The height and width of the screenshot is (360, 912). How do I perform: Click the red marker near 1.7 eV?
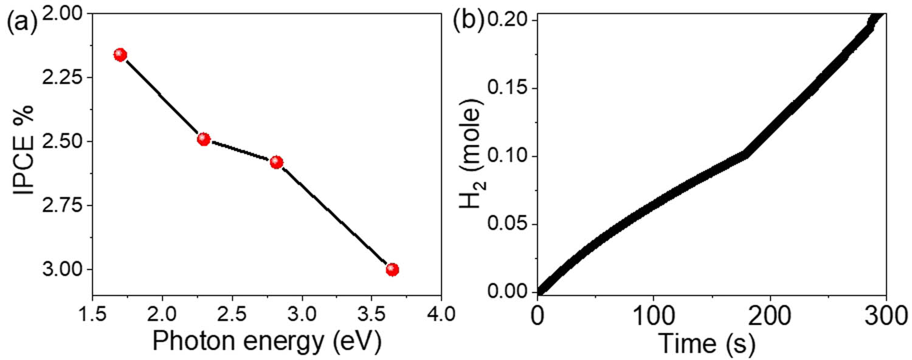[x=120, y=55]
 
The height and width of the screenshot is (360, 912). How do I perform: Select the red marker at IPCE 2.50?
[x=204, y=139]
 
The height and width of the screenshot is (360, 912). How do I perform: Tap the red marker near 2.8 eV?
[x=277, y=162]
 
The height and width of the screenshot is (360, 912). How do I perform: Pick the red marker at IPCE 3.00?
[x=392, y=269]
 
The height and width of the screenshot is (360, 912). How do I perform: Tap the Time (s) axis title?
[x=712, y=344]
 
